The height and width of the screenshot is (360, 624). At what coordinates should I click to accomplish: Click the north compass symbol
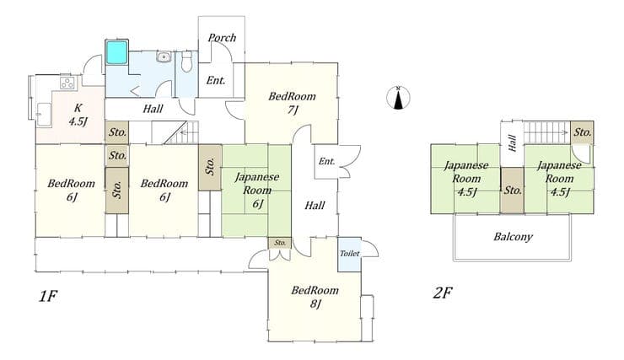[398, 98]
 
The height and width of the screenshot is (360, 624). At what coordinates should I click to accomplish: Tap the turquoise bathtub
[116, 52]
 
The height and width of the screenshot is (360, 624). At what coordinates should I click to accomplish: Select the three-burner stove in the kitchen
[67, 83]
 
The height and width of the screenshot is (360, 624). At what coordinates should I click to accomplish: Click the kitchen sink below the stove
[44, 115]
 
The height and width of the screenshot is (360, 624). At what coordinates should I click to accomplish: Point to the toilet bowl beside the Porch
[186, 62]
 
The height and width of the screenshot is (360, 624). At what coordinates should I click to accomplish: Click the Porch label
[222, 38]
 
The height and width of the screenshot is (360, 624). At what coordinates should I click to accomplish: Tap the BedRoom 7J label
[292, 103]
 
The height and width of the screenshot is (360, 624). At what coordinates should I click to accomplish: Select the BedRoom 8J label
[315, 297]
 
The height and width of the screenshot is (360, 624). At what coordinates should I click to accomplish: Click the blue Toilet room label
[349, 254]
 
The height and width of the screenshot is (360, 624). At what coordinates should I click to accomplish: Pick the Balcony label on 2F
[513, 237]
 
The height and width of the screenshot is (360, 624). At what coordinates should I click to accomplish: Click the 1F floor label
[48, 297]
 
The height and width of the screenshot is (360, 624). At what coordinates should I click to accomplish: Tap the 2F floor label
[442, 293]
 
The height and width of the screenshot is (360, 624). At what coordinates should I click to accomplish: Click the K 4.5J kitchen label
[78, 115]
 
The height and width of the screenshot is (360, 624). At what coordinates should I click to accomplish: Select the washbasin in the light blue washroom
[163, 56]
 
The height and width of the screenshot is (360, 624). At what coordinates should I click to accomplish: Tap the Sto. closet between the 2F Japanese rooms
[512, 191]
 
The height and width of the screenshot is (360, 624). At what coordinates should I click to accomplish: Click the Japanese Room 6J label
[257, 191]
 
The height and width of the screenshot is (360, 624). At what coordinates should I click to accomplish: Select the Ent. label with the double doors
[326, 162]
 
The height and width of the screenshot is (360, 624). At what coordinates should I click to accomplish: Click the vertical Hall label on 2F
[513, 143]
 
